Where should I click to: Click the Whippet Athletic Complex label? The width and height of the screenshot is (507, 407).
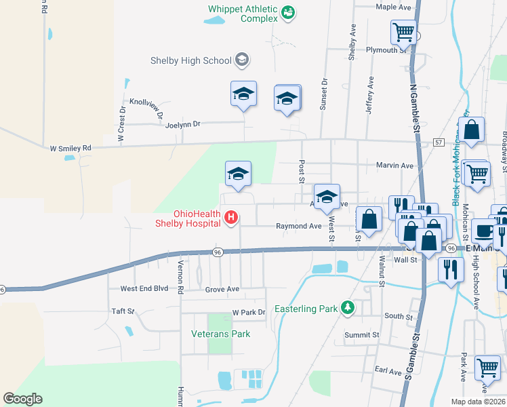click(243, 14)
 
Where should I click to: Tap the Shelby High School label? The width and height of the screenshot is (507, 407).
click(191, 60)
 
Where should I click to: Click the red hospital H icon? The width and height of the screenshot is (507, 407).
click(232, 217)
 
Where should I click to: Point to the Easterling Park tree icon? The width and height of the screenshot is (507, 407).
click(348, 308)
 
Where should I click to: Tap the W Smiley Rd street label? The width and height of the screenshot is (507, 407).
click(70, 148)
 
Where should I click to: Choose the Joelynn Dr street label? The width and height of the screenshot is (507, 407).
click(183, 124)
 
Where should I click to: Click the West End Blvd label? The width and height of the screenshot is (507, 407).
click(144, 289)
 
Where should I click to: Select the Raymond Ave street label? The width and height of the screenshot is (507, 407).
click(298, 227)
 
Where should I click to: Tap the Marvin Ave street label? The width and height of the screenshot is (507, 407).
click(394, 166)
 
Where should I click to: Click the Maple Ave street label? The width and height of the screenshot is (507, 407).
click(394, 7)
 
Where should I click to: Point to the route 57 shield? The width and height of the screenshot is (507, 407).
click(439, 142)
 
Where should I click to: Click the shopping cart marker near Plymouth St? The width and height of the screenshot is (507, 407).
click(403, 31)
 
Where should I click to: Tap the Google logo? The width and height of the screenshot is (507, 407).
click(22, 399)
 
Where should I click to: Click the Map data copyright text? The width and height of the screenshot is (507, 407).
click(478, 402)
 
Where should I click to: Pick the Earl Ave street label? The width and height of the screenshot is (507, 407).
click(388, 370)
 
